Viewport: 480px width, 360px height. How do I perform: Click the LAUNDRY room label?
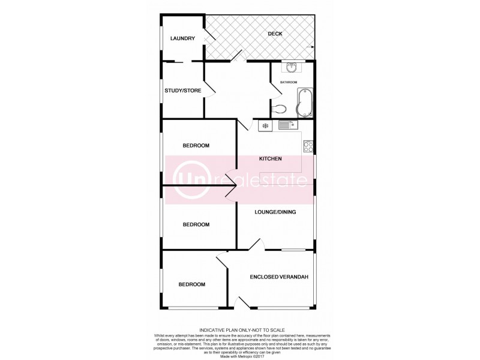click(x=182, y=39)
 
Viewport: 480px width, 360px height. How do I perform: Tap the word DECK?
click(x=259, y=35)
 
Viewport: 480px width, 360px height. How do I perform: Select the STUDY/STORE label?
click(x=182, y=91)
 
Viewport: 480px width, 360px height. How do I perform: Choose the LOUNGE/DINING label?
click(x=275, y=212)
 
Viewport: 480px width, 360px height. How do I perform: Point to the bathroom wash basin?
click(x=293, y=67)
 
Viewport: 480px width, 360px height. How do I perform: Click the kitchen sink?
click(x=284, y=125)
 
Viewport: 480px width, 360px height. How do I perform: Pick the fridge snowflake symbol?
click(x=265, y=126)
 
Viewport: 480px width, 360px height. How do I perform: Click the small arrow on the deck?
click(x=310, y=46)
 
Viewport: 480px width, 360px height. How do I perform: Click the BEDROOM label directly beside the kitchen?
click(x=196, y=146)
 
